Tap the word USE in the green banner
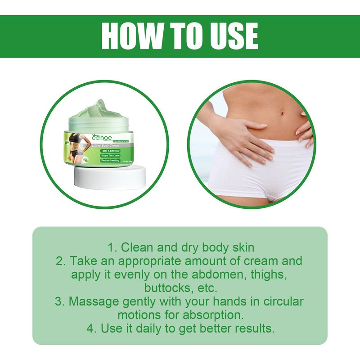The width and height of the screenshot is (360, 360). pyautogui.click(x=230, y=36)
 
